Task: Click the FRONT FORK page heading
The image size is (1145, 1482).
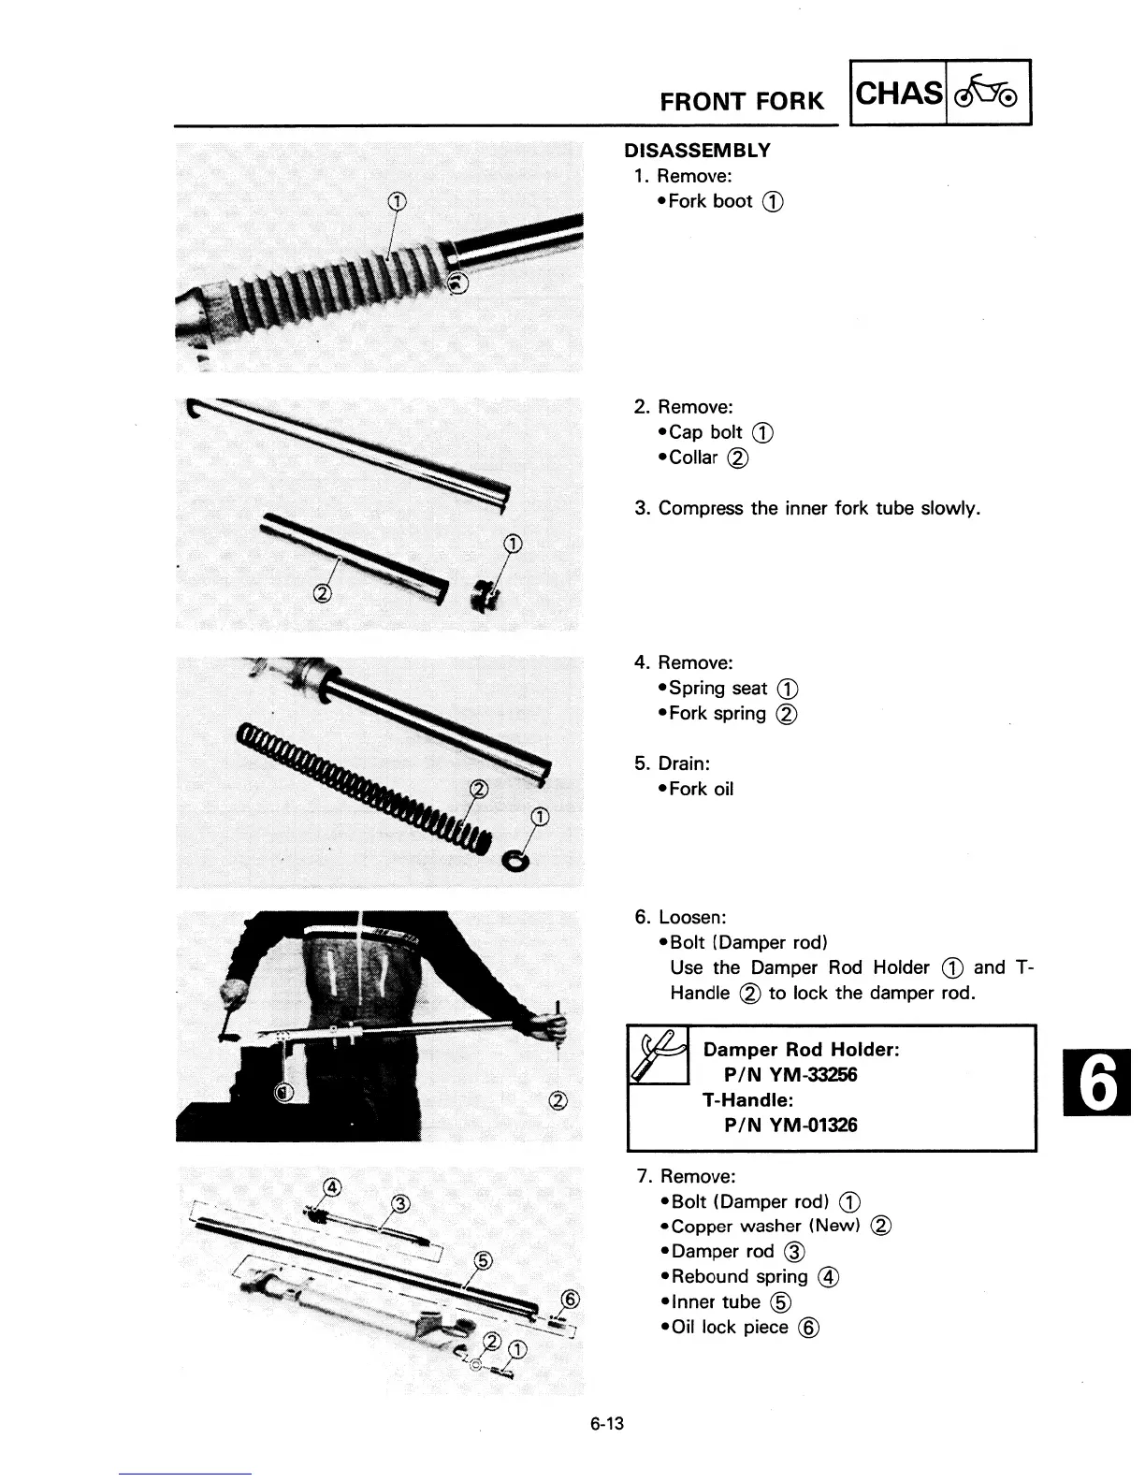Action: (742, 100)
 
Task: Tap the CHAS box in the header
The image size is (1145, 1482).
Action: (899, 94)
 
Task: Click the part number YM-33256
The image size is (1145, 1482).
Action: (811, 1075)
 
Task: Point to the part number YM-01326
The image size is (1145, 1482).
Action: (811, 1126)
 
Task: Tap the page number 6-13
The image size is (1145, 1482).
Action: (606, 1425)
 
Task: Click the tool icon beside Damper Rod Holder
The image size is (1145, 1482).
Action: (659, 1054)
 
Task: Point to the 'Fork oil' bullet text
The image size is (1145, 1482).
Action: (702, 790)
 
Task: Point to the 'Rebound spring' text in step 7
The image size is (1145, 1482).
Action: (739, 1277)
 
